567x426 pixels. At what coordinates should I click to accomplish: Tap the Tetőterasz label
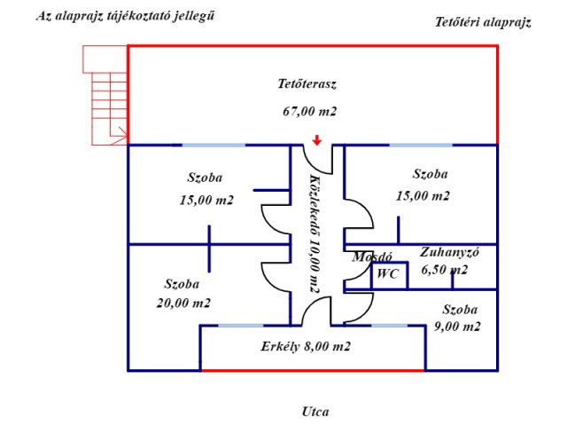click(307, 84)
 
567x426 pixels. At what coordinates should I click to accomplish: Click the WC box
click(388, 274)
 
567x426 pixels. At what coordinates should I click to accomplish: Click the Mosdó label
click(372, 256)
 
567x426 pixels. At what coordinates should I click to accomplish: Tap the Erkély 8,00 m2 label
click(307, 347)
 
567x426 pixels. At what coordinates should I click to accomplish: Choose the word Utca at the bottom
click(316, 411)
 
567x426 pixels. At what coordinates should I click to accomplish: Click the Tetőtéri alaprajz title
click(483, 23)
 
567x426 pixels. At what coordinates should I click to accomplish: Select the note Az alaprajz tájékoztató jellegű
click(126, 16)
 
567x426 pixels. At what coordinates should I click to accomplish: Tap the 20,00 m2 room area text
click(183, 303)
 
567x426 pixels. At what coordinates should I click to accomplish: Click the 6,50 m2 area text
click(445, 269)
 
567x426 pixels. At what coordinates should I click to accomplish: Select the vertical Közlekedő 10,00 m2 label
click(314, 235)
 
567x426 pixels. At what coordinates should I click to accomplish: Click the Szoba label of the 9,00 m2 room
click(460, 310)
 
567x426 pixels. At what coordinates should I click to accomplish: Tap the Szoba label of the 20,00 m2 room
click(182, 284)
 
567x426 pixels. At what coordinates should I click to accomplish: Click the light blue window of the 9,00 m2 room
click(389, 326)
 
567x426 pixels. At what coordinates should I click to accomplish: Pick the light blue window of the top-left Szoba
click(209, 145)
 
